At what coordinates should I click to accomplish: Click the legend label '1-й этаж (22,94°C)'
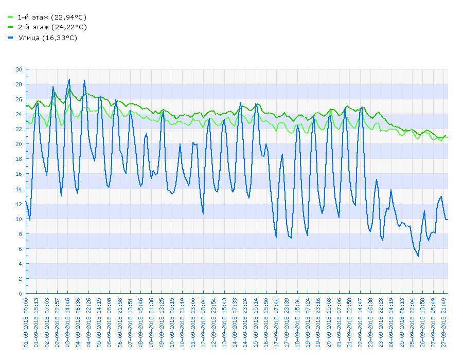[x=51, y=17]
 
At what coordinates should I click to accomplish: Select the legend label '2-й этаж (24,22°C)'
[x=51, y=27]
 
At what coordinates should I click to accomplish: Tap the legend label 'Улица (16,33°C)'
[x=47, y=38]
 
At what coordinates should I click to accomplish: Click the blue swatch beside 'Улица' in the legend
[x=10, y=38]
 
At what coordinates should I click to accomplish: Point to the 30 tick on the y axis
[x=19, y=69]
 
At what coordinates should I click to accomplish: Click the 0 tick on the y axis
[x=21, y=294]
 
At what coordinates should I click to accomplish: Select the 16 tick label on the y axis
[x=19, y=174]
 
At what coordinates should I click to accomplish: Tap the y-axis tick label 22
[x=19, y=129]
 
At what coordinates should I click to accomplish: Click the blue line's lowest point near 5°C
[x=418, y=256]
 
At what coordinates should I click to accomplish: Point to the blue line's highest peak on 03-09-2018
[x=69, y=80]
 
